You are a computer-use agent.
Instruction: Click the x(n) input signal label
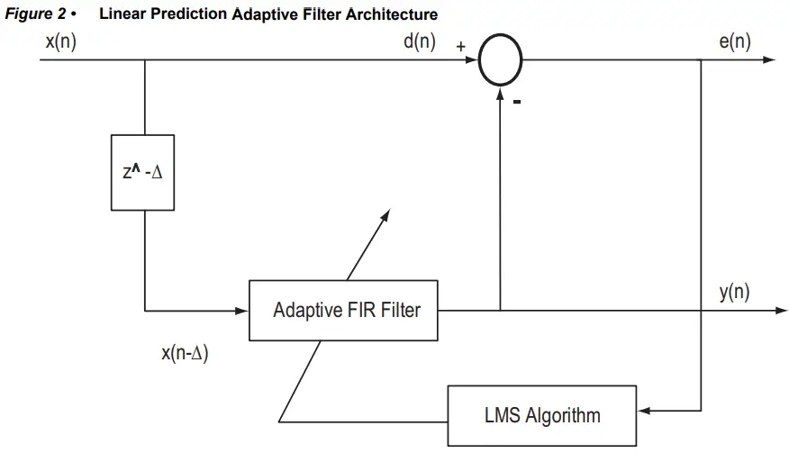(60, 42)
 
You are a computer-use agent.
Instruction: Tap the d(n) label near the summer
(420, 42)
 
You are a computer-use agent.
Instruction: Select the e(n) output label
(735, 42)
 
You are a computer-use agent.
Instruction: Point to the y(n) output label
(734, 292)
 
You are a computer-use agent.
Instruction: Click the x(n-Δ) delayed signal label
(185, 353)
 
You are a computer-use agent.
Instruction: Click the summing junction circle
(500, 61)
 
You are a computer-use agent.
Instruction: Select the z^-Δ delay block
(143, 172)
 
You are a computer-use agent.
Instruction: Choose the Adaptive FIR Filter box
(346, 311)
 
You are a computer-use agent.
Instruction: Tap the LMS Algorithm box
(540, 415)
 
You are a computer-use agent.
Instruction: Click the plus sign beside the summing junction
(461, 47)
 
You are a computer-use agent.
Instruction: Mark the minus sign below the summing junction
(517, 102)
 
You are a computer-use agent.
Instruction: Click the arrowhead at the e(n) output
(767, 61)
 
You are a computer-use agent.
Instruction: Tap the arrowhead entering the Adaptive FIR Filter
(241, 311)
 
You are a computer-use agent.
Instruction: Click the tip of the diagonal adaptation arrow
(388, 213)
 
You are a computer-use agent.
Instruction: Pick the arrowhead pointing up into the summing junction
(500, 91)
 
